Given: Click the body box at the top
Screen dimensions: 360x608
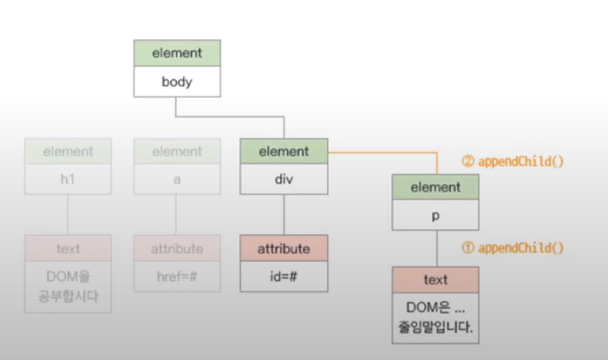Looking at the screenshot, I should tap(177, 83).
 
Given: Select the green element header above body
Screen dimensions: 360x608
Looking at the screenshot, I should tap(177, 53).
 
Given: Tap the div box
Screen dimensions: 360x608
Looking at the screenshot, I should tap(284, 183).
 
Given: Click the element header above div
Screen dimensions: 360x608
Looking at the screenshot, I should tap(284, 152).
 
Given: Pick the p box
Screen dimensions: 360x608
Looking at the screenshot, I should tap(435, 217).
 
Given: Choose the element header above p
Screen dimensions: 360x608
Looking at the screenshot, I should tap(435, 187).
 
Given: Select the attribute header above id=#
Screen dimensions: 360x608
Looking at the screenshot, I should tap(284, 248).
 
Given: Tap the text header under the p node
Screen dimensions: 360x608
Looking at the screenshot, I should tap(435, 280).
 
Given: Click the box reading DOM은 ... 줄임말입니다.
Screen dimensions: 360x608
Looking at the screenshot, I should tap(435, 317).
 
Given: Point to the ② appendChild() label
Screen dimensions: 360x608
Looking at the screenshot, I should tap(512, 161).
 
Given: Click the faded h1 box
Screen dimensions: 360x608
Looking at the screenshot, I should tap(68, 183).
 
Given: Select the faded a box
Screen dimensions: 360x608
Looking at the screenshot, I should tap(177, 183).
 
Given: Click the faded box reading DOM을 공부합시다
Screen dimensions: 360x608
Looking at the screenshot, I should tap(68, 287).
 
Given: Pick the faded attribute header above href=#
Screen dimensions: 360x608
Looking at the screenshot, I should tap(177, 248).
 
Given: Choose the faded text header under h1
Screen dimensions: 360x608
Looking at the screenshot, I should tap(68, 248).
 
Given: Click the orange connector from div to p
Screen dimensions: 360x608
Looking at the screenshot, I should tap(382, 153).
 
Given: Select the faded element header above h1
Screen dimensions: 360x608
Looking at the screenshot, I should tap(68, 152).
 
